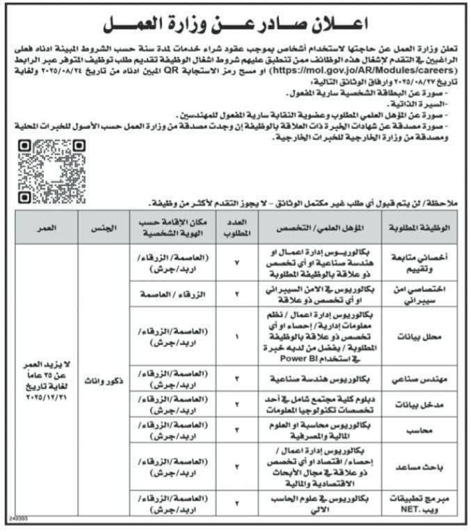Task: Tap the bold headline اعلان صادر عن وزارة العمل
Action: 236,25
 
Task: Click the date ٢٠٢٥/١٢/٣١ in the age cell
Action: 46,397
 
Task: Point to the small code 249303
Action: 11,525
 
